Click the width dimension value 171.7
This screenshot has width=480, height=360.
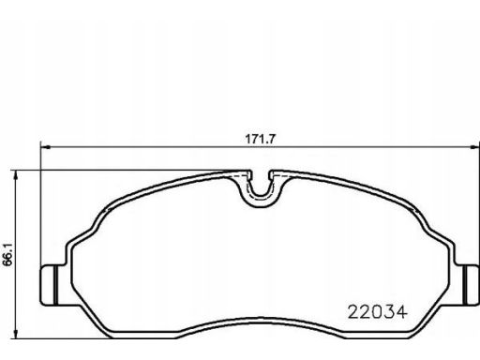click(261, 139)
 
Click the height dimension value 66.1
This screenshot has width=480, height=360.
click(7, 254)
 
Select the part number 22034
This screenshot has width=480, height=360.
click(378, 312)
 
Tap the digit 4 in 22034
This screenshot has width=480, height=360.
click(401, 312)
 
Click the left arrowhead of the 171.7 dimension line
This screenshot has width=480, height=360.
click(46, 147)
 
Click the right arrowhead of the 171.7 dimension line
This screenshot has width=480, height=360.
click(475, 147)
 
